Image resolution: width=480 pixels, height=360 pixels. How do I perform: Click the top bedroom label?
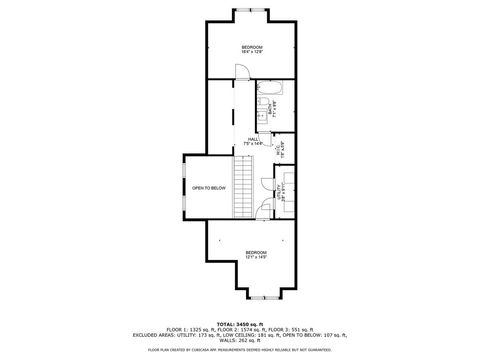tap(252, 47)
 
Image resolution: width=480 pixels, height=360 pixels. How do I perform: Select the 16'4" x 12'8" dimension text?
tap(252, 52)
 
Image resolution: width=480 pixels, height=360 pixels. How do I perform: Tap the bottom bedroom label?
tap(256, 251)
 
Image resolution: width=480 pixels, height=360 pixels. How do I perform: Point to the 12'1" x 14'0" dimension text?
tap(256, 257)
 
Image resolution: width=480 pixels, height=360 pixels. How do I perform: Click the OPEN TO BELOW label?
tap(209, 187)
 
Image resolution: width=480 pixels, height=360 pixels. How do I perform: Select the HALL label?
tap(254, 139)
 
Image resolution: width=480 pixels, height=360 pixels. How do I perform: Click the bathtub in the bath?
tap(277, 103)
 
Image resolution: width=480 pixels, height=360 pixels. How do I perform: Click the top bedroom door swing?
tap(240, 70)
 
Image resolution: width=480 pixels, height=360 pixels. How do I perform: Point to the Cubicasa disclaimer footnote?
tap(239, 350)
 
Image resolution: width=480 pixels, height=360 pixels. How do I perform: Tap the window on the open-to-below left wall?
tap(184, 187)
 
